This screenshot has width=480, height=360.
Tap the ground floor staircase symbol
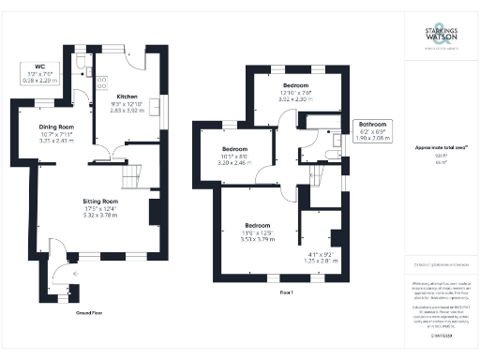132,174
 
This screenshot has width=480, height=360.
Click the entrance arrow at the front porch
62,274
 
